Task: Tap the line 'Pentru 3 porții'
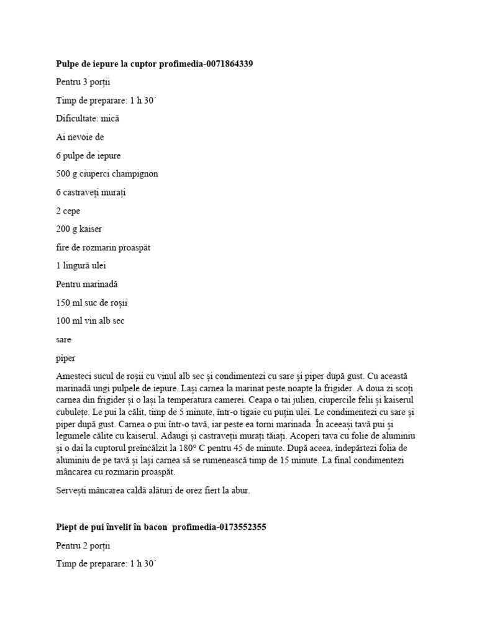click(x=83, y=82)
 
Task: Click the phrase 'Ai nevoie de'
click(x=79, y=137)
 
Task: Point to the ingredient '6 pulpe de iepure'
click(x=88, y=155)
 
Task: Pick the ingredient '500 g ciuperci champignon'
click(x=107, y=174)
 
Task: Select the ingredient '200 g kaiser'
click(x=79, y=229)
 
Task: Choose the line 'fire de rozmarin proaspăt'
click(x=103, y=247)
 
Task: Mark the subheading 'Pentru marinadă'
click(x=86, y=284)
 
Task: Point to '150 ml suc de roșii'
click(x=91, y=302)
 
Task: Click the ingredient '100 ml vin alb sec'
click(x=91, y=321)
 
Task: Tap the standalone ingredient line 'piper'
click(x=65, y=358)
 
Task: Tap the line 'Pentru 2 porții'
click(x=83, y=546)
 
